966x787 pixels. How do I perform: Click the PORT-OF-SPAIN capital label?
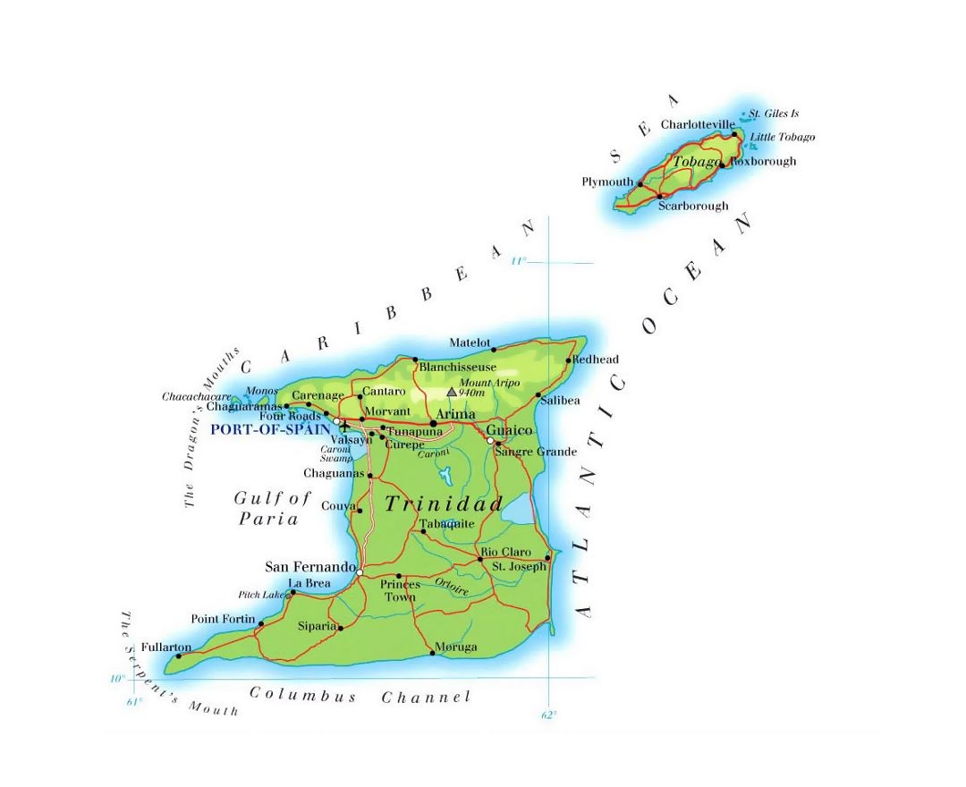(264, 429)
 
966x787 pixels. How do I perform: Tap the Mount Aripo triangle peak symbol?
(452, 392)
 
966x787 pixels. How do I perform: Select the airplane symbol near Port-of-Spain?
(345, 426)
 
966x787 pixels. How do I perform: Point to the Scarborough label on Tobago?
(693, 206)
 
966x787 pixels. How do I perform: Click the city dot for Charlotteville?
(735, 135)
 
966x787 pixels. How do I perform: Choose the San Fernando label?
(311, 567)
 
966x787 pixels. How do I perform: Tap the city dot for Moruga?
(433, 653)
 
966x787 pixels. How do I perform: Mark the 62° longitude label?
(548, 715)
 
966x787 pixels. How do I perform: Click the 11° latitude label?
(519, 261)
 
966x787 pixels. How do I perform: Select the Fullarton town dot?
(178, 656)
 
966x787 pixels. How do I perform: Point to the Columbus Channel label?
(360, 696)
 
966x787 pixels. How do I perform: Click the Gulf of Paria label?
(272, 508)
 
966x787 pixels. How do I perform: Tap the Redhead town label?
(596, 360)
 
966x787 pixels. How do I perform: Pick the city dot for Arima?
(433, 423)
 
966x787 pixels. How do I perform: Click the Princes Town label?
(400, 590)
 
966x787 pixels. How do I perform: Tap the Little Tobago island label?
(783, 137)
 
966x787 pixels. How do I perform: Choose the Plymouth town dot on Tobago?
(640, 182)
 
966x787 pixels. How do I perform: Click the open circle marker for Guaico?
(490, 441)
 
